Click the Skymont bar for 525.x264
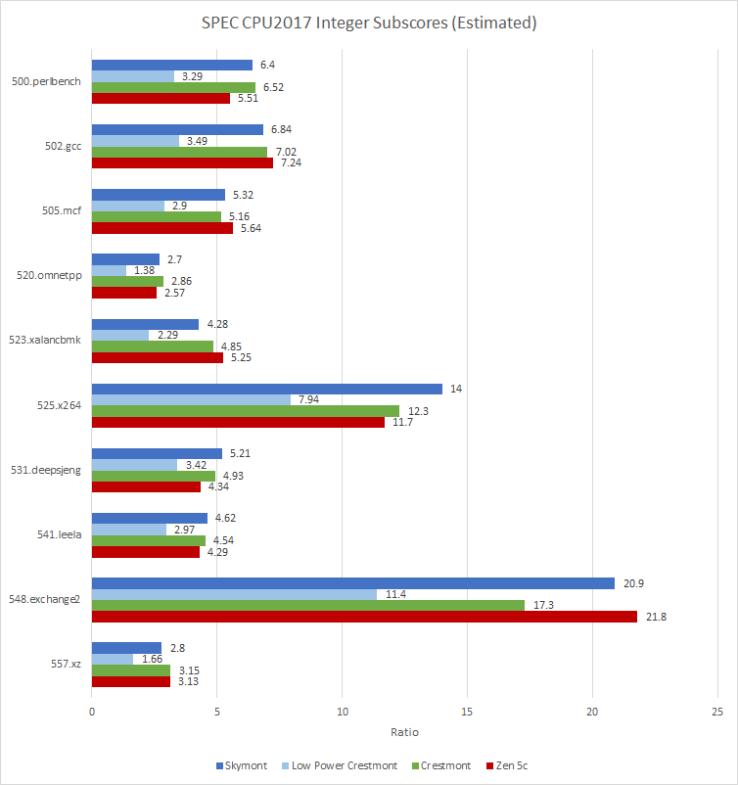(x=266, y=389)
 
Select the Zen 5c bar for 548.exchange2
(x=364, y=617)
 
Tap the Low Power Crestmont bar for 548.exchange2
(x=234, y=594)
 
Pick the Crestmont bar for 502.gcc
(x=179, y=152)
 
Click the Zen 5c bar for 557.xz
(x=131, y=681)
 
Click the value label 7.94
(x=317, y=399)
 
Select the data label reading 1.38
(x=143, y=270)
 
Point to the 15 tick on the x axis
(x=467, y=714)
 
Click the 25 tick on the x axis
(x=717, y=714)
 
